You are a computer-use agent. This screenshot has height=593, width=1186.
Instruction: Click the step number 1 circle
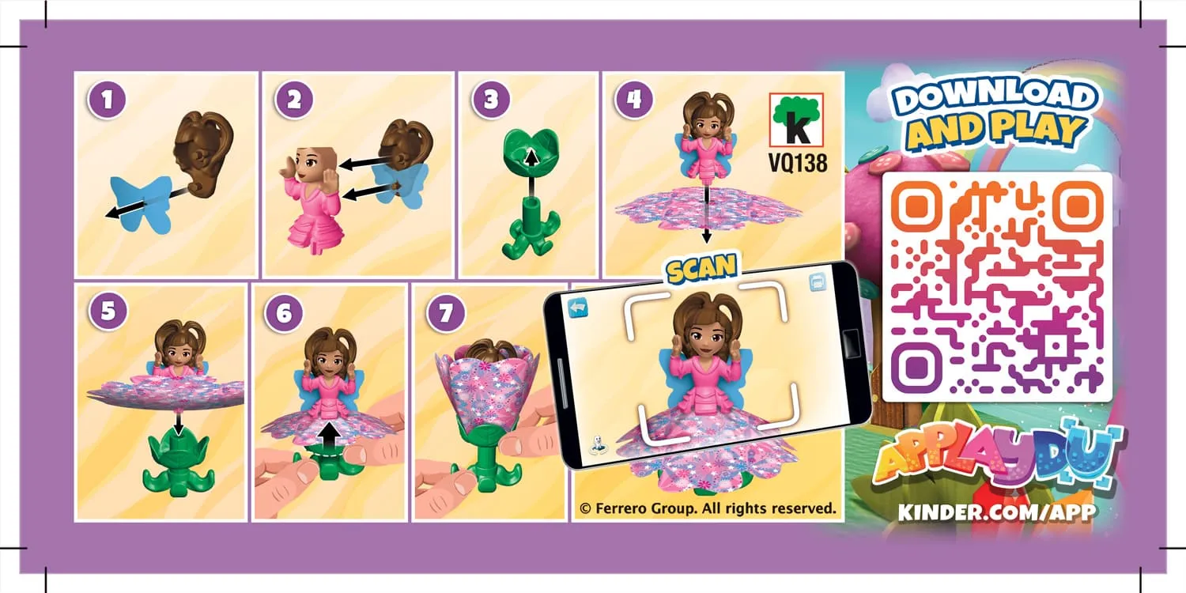point(107,100)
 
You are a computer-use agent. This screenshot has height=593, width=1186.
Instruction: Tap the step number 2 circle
point(294,100)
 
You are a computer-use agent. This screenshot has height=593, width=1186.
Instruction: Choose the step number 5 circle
point(108,311)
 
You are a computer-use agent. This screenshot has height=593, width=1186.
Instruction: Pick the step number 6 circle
point(284,313)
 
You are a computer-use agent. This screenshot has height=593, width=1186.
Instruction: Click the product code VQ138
point(797,163)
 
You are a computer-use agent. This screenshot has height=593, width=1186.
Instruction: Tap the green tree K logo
point(797,119)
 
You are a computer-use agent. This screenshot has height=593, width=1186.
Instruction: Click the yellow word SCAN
point(701,270)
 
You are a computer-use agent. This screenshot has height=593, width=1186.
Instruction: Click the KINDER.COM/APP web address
point(997,512)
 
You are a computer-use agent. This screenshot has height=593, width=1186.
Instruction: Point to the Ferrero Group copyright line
point(708,508)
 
